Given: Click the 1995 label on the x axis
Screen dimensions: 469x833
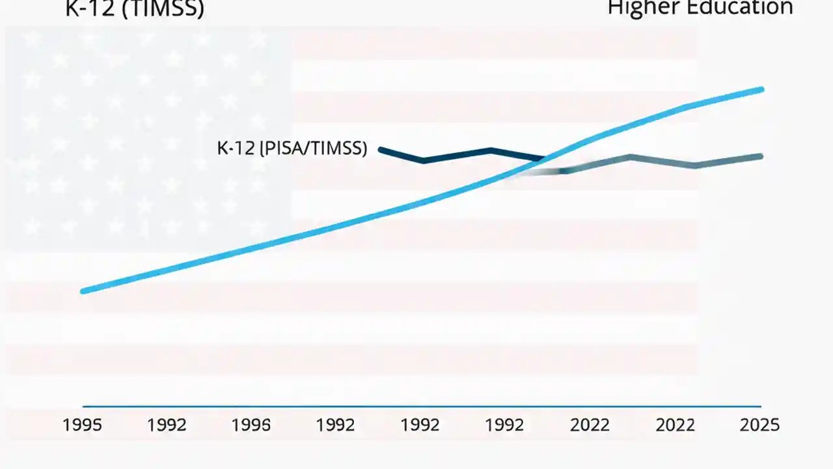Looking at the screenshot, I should click(82, 425).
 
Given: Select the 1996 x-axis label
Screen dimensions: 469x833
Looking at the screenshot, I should click(251, 425).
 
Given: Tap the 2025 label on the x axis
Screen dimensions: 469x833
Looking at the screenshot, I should click(759, 425).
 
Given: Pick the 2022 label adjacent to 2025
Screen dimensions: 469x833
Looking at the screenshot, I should click(675, 425).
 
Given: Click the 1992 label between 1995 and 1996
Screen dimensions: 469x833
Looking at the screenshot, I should click(167, 425).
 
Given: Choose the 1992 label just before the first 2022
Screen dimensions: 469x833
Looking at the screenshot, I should click(505, 425).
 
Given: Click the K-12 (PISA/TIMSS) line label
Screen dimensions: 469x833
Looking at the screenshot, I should click(292, 149).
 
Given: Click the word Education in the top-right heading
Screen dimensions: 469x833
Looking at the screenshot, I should click(741, 8).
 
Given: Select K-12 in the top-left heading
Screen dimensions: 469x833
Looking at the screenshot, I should click(89, 9).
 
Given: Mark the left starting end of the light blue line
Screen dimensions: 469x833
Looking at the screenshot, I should click(83, 291).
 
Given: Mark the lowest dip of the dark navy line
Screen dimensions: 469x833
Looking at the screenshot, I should click(424, 160).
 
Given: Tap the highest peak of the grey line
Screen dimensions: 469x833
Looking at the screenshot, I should click(630, 156).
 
